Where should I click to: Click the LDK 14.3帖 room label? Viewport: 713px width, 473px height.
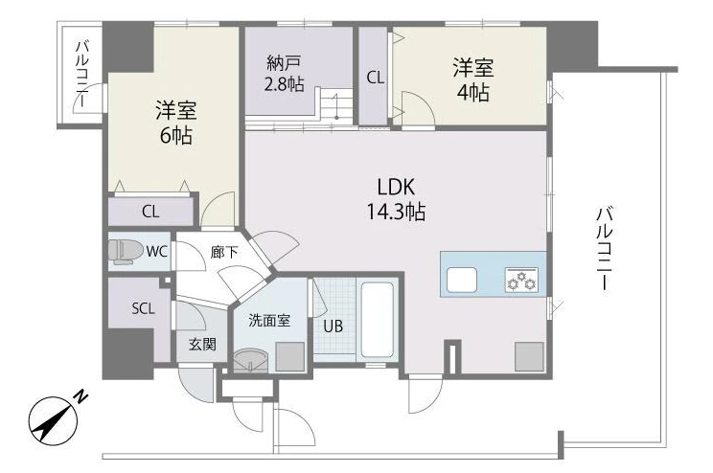pyautogui.click(x=396, y=199)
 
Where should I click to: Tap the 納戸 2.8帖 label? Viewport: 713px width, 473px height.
pyautogui.click(x=285, y=74)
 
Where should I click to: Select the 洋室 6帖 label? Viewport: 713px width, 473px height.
pyautogui.click(x=176, y=123)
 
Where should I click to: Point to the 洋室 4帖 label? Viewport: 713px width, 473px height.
pyautogui.click(x=472, y=80)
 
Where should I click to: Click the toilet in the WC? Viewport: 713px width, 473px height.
pyautogui.click(x=123, y=252)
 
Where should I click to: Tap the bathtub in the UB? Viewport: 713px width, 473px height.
pyautogui.click(x=377, y=321)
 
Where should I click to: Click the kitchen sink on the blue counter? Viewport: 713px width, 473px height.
pyautogui.click(x=462, y=280)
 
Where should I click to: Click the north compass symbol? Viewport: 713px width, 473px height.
pyautogui.click(x=53, y=420)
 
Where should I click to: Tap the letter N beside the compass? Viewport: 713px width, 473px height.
pyautogui.click(x=81, y=396)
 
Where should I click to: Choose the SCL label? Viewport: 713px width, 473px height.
pyautogui.click(x=143, y=309)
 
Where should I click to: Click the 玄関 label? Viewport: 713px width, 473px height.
pyautogui.click(x=202, y=345)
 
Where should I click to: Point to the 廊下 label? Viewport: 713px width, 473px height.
pyautogui.click(x=224, y=253)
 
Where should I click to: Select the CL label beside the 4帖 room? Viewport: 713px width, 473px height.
pyautogui.click(x=375, y=79)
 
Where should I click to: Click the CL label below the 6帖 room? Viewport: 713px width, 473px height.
pyautogui.click(x=150, y=212)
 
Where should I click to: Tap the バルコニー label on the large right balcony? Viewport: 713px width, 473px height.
pyautogui.click(x=605, y=248)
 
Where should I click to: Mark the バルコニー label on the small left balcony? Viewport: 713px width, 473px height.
pyautogui.click(x=82, y=74)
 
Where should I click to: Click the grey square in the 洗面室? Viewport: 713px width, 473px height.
pyautogui.click(x=289, y=357)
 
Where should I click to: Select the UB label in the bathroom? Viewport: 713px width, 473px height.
pyautogui.click(x=333, y=326)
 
